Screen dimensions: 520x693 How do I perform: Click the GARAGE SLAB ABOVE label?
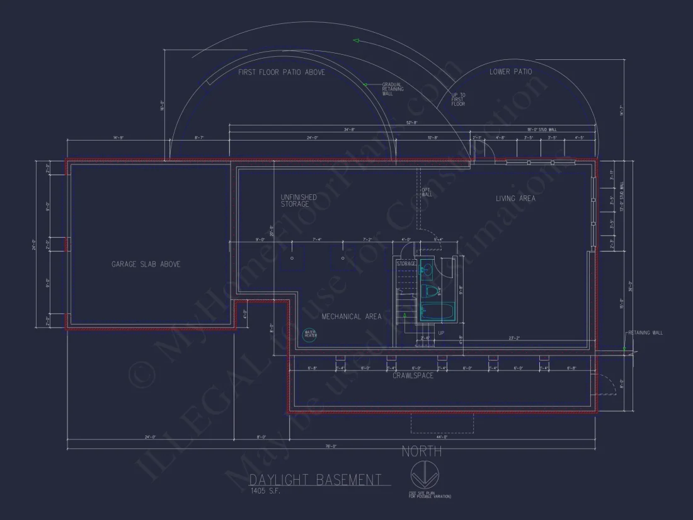pyautogui.click(x=146, y=264)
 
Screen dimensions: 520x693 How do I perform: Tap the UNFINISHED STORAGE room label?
pyautogui.click(x=299, y=200)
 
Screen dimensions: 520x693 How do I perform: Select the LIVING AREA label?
pyautogui.click(x=515, y=198)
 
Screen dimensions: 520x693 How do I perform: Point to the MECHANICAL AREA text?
pyautogui.click(x=352, y=316)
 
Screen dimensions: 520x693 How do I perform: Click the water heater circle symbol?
pyautogui.click(x=311, y=334)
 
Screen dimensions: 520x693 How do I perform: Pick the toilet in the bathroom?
pyautogui.click(x=432, y=291)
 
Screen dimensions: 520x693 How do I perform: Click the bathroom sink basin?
pyautogui.click(x=427, y=270)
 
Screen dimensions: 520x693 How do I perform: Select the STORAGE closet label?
pyautogui.click(x=406, y=263)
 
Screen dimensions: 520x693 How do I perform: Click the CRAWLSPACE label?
pyautogui.click(x=413, y=376)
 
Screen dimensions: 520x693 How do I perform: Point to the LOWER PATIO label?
pyautogui.click(x=510, y=72)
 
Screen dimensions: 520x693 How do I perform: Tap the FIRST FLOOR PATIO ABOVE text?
pyautogui.click(x=282, y=72)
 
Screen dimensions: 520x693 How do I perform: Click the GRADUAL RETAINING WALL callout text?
pyautogui.click(x=392, y=89)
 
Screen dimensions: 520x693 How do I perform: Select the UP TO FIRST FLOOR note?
pyautogui.click(x=458, y=99)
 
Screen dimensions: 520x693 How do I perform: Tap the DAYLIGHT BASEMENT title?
pyautogui.click(x=315, y=480)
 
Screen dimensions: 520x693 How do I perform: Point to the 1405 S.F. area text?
pyautogui.click(x=265, y=491)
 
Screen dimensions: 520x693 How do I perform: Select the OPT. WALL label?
pyautogui.click(x=427, y=192)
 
